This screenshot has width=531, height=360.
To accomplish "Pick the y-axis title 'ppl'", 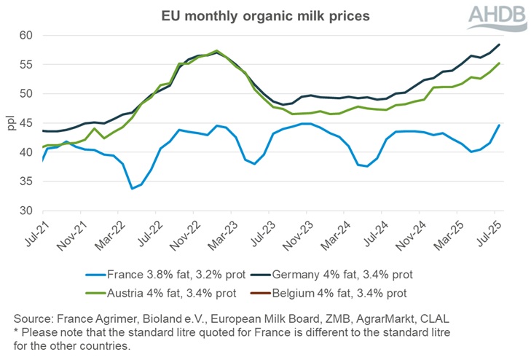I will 10,123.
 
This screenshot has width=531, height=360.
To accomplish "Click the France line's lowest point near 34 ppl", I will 132,188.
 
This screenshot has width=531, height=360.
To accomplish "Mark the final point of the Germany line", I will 499,44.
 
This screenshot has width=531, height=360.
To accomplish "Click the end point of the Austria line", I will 499,63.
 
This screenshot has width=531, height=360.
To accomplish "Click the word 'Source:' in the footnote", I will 36,319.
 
